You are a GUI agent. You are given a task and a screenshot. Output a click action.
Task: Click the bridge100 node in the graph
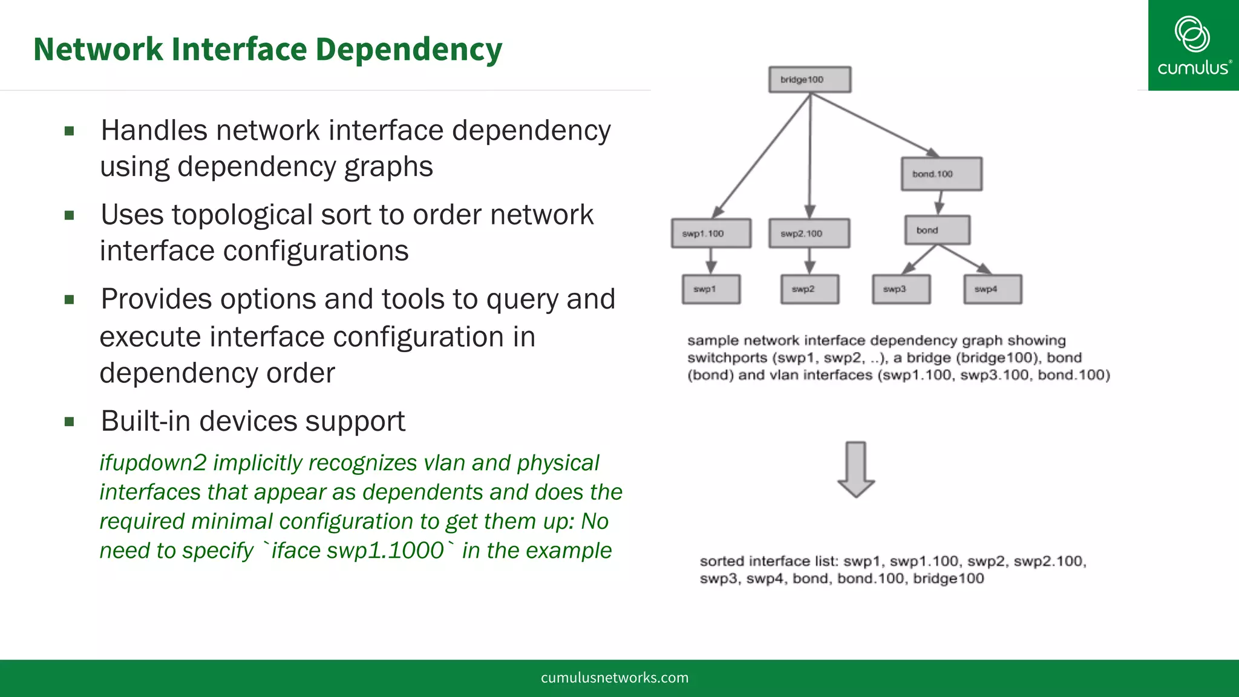(x=809, y=80)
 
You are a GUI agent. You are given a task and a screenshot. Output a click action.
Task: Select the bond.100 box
(x=941, y=174)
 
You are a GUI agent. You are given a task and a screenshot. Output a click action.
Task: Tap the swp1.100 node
(x=711, y=234)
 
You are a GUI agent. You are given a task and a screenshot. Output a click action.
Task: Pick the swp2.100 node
(x=809, y=234)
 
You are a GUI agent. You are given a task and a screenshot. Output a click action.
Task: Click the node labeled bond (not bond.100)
(x=937, y=231)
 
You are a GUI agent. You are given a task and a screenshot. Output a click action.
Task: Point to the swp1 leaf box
(x=711, y=289)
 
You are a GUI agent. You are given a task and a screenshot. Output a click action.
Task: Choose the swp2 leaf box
(x=809, y=289)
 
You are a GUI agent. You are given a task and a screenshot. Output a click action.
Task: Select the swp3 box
(x=901, y=289)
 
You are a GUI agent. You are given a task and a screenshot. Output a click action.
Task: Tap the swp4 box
(x=992, y=289)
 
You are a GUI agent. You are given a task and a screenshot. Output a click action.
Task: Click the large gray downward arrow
(x=855, y=470)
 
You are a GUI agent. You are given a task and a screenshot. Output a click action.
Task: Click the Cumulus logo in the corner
(x=1193, y=45)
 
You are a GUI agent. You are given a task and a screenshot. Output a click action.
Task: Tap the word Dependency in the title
(x=409, y=49)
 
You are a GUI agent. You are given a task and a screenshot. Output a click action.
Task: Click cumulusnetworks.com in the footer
(x=615, y=678)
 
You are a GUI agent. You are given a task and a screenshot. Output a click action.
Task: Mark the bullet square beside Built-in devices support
(x=70, y=422)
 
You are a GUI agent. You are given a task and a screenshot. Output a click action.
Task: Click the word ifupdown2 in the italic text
(x=153, y=463)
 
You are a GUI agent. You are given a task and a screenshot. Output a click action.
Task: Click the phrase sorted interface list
(x=768, y=561)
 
